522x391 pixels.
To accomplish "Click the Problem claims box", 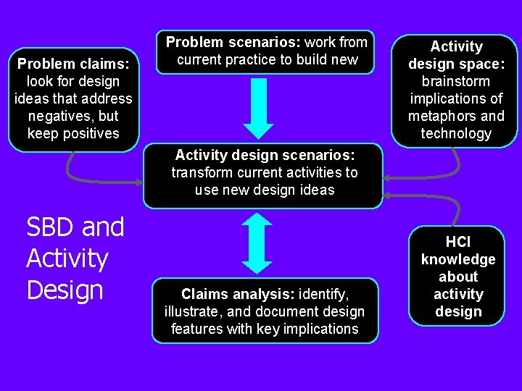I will (73, 98).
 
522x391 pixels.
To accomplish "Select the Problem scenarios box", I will (266, 51).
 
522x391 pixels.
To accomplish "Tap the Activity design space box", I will (455, 90).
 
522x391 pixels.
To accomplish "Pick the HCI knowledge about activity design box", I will (457, 277).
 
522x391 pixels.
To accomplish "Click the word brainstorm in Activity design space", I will (456, 81).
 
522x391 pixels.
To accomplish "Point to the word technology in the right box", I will (456, 133).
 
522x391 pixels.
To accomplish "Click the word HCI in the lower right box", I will (457, 242).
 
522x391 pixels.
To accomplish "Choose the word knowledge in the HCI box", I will (457, 259).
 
